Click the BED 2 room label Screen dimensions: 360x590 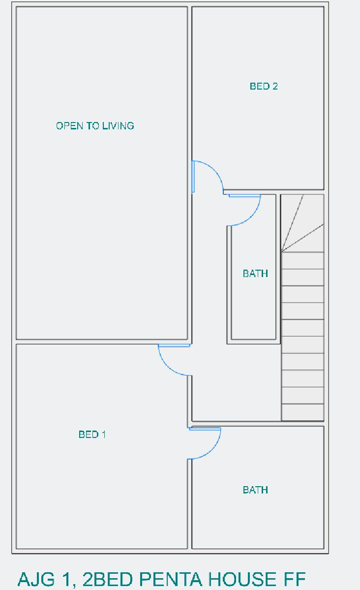(264, 86)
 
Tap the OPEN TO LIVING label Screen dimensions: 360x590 (95, 125)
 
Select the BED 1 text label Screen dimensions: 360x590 (92, 435)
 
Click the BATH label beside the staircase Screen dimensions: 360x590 (255, 274)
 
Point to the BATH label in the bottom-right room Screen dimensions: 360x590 (255, 490)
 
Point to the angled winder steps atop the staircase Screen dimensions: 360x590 (302, 223)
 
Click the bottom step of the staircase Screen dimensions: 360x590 (302, 412)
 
